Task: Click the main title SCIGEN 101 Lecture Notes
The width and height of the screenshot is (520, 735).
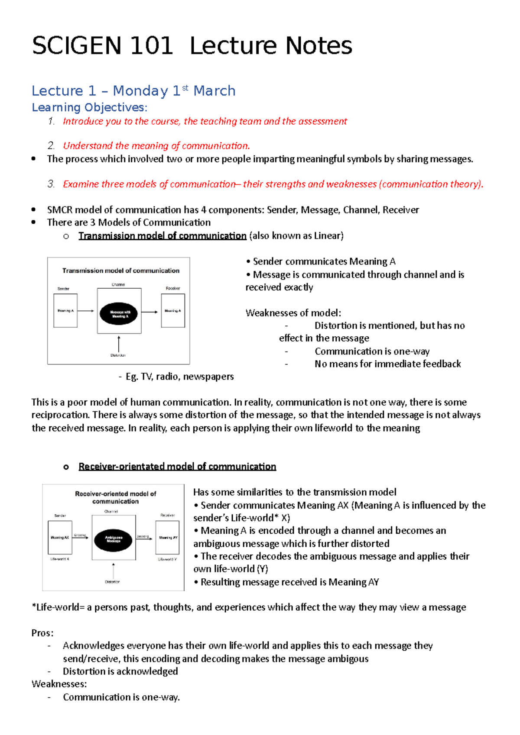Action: point(192,46)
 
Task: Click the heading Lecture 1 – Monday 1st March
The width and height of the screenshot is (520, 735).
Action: point(133,91)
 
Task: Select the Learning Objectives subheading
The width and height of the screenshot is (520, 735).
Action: point(90,107)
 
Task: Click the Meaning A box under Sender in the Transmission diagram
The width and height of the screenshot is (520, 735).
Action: point(65,311)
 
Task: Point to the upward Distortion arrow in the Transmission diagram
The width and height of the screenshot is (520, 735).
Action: point(119,344)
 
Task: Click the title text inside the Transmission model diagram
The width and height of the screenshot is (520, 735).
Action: point(120,271)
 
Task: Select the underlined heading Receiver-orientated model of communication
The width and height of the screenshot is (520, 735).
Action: point(177,467)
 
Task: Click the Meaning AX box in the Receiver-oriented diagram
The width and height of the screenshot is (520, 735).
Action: point(60,538)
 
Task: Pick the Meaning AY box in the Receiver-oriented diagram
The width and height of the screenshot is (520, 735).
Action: point(167,538)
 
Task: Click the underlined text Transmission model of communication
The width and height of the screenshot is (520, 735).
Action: point(162,236)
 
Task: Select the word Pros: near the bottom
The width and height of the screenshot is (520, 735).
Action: point(42,633)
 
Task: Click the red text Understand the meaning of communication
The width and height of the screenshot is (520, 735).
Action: point(156,146)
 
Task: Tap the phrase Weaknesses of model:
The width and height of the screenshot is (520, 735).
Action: point(293,313)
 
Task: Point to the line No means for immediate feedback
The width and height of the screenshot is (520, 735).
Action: point(387,364)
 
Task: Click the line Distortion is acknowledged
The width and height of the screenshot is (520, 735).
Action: point(120,671)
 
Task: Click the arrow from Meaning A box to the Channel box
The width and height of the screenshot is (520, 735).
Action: point(86,311)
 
